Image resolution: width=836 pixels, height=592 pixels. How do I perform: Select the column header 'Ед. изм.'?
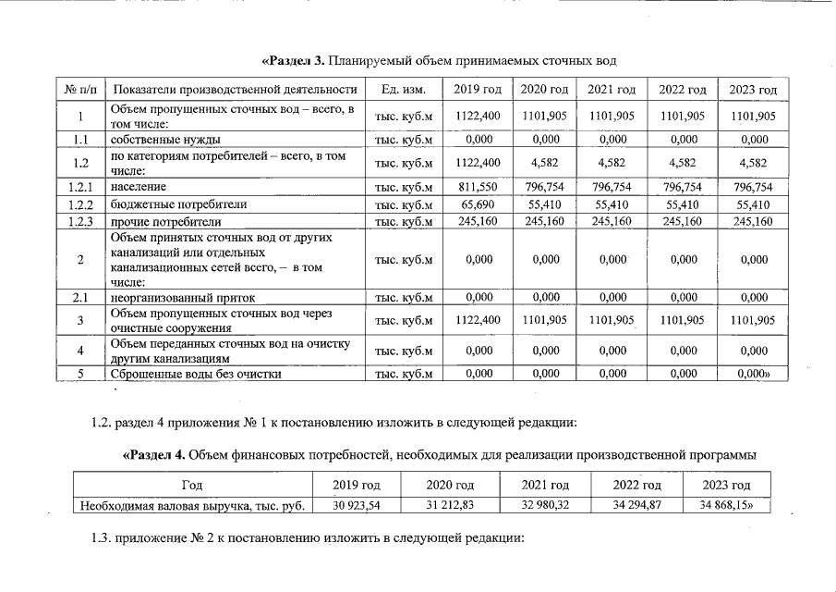pos(404,90)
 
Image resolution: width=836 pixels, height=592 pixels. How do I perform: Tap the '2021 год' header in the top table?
pos(613,90)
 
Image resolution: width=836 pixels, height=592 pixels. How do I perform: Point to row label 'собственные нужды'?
pos(165,140)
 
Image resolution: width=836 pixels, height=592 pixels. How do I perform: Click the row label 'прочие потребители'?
pos(166,222)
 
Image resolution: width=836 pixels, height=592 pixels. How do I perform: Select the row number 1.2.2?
pos(80,203)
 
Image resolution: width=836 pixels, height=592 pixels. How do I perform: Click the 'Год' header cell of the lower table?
pos(192,486)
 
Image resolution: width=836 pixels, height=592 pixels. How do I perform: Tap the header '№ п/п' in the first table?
pos(80,90)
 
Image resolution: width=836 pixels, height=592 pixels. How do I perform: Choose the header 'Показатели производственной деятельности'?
pos(234,90)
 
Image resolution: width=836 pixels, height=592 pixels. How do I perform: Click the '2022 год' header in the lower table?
pos(638,486)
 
